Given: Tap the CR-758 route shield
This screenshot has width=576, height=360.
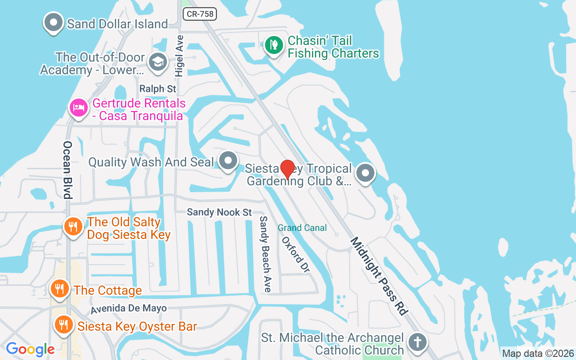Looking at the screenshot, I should pos(200,14).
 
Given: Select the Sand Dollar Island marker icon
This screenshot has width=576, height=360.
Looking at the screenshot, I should pos(54,22).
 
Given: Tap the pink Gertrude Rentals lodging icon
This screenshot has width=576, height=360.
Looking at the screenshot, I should pos(78,108).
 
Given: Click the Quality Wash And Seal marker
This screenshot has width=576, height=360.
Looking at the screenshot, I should pos(228,161).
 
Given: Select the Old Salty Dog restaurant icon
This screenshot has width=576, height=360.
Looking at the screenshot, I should pos(72,226).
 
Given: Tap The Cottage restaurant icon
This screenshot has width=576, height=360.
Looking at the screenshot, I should pos(59,288).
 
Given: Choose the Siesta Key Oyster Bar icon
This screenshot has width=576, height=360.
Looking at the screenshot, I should pos(63,324).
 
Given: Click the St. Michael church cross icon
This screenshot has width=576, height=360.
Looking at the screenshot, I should pos(417,342).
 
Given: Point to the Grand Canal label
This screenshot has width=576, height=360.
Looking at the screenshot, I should pos(302,228).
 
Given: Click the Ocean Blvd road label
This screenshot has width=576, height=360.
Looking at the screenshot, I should pos(67,170).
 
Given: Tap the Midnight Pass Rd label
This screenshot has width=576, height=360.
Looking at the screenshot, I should pos(379,276).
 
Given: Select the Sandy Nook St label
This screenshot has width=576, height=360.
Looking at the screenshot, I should pos(219,212).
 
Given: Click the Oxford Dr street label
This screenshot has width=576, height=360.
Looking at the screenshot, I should pos(296,255).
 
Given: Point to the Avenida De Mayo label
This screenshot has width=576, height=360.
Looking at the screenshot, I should pos(129,309).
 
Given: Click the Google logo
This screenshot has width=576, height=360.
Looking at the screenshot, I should pos(30,349).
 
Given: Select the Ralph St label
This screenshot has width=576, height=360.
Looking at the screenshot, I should pos(157,89).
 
